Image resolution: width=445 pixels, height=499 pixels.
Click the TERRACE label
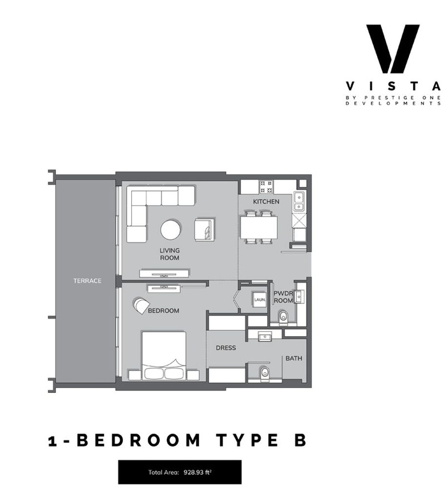coord(87,281)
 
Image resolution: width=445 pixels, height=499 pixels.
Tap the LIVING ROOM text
coord(170,254)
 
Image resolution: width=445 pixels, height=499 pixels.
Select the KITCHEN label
coord(266,202)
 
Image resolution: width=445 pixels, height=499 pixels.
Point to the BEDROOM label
coord(164,311)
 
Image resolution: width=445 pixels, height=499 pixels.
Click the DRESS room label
coord(226,348)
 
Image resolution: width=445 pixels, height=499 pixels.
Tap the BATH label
coord(294,358)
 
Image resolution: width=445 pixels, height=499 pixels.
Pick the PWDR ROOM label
coord(283,297)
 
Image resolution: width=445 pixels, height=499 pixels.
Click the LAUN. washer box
coord(260,300)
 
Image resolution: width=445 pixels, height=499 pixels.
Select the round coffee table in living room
coord(171,229)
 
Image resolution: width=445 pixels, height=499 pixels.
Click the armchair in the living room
coord(205,229)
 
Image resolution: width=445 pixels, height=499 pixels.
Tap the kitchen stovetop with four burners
coord(266,187)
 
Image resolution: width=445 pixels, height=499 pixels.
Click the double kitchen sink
coord(299,202)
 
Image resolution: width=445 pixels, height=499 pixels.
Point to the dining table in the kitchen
coord(259,227)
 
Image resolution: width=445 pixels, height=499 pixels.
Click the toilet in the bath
coord(264,373)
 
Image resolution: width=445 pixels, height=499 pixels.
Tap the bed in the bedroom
coord(164,356)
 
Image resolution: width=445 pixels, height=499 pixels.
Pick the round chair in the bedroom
coord(141,306)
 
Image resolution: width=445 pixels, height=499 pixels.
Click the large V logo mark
coord(393,49)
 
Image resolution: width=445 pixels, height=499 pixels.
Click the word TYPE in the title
coord(247,440)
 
